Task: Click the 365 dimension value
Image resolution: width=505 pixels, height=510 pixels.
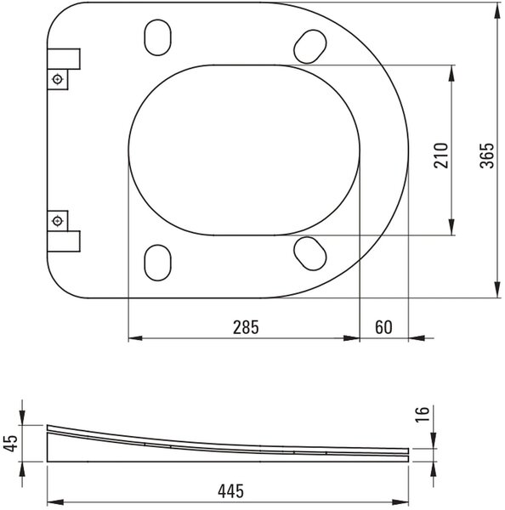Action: (487, 156)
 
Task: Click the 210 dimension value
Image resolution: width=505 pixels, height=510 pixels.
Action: (441, 156)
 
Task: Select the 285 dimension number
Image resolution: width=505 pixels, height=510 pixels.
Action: (246, 327)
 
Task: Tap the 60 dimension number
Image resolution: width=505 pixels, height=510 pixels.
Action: (383, 327)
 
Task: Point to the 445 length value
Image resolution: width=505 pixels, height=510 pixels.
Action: (230, 491)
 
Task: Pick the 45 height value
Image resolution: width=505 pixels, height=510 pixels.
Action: (11, 443)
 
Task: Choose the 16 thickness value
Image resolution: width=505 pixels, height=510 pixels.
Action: (423, 414)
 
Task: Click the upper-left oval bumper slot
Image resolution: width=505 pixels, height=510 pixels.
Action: (157, 37)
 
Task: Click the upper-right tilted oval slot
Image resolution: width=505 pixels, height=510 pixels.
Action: (309, 47)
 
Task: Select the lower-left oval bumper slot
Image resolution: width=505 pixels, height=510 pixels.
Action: (157, 263)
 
